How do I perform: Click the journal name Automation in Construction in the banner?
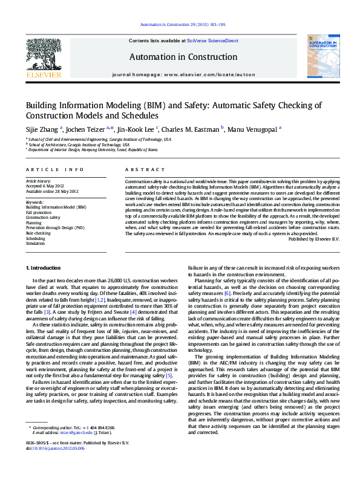tap(182, 57)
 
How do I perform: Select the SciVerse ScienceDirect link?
tap(212, 41)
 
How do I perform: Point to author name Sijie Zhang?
tap(41, 128)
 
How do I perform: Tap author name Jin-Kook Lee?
tap(137, 128)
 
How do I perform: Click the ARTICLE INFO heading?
tap(54, 170)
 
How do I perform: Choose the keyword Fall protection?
tap(39, 213)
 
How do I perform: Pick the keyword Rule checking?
tap(38, 233)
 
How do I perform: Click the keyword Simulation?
tap(36, 243)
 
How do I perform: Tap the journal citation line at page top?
tap(182, 25)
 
